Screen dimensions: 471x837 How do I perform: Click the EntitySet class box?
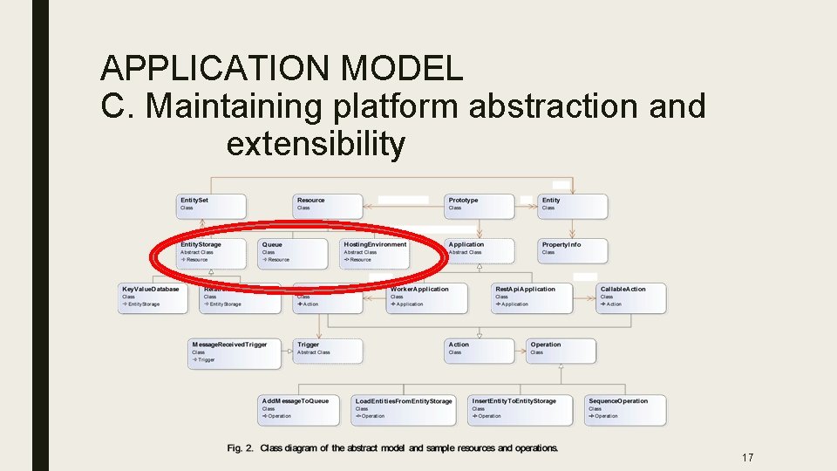(x=211, y=206)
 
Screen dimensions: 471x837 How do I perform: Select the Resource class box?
(x=328, y=206)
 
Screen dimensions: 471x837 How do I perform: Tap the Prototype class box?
(x=480, y=206)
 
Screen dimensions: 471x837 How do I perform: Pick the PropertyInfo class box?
(x=573, y=250)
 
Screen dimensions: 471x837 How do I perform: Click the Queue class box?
(x=293, y=252)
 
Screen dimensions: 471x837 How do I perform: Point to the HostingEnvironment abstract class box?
(x=374, y=252)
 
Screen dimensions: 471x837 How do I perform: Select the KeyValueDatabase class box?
(x=153, y=297)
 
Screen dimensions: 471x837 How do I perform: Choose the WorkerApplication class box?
(x=426, y=297)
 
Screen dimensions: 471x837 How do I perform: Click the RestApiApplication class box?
(x=531, y=297)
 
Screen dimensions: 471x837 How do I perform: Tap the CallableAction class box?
(x=631, y=297)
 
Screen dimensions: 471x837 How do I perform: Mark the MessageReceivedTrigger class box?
(x=234, y=352)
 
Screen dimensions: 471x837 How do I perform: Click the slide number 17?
(x=746, y=458)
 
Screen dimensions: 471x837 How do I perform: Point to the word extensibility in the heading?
(x=316, y=144)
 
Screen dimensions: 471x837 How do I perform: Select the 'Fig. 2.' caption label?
(x=240, y=448)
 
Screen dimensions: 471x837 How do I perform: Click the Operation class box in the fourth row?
(x=561, y=350)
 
